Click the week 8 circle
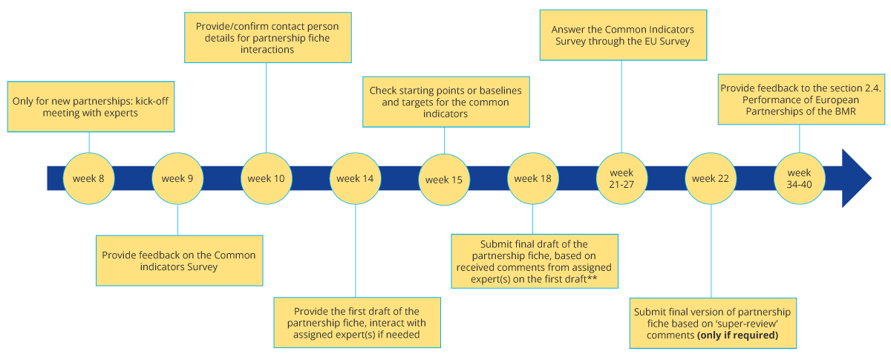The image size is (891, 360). click(89, 178)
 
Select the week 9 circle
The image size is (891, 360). click(177, 178)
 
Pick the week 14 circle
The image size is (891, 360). click(355, 178)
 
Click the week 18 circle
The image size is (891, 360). click(532, 178)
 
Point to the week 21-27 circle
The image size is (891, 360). click(621, 178)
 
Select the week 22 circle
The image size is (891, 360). click(711, 178)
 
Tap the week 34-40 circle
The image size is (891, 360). click(799, 178)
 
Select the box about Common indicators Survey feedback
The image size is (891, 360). click(179, 261)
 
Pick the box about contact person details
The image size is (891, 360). click(267, 38)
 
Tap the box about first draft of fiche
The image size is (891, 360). click(356, 323)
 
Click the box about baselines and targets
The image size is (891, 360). click(446, 102)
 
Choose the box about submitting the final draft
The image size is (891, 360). click(534, 261)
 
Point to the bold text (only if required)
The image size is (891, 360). click(737, 335)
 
